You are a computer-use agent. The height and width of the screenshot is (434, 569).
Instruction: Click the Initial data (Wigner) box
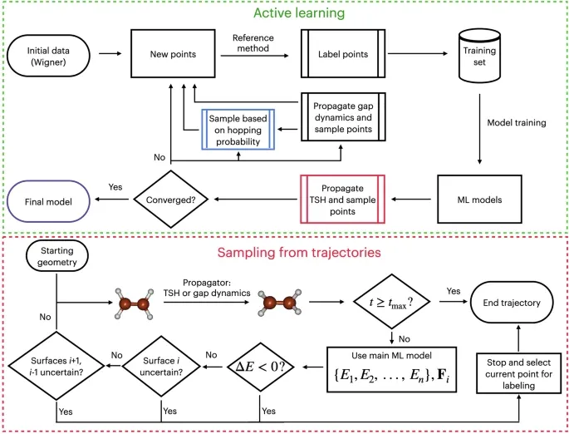tap(48, 56)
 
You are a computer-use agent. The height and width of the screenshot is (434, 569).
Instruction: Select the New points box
tap(173, 54)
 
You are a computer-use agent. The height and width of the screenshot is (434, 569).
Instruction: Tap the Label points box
tap(343, 54)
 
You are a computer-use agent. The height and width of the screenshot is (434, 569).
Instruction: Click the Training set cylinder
tap(479, 56)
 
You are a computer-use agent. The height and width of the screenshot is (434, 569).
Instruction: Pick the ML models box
tap(479, 200)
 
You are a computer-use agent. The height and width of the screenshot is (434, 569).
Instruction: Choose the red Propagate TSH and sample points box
tap(342, 200)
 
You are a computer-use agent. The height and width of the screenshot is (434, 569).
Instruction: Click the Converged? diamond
tap(170, 200)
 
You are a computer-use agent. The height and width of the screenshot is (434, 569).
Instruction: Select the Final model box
tap(48, 201)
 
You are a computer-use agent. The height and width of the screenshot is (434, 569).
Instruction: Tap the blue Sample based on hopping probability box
tap(238, 130)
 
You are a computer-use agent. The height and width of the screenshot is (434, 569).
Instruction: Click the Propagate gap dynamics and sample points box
tap(343, 117)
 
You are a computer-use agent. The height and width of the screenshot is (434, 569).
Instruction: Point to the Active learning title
tap(299, 13)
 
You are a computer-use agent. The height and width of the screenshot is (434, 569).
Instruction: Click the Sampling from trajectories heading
tap(299, 253)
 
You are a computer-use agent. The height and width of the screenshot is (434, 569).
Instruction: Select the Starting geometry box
tap(57, 256)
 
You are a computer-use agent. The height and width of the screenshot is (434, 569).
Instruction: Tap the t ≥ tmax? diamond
tap(391, 302)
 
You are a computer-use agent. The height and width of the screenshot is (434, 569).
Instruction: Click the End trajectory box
tap(512, 303)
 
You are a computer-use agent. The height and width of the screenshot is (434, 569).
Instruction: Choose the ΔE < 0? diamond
tap(260, 367)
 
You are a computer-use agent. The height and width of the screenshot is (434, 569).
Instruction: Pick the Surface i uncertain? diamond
tap(161, 366)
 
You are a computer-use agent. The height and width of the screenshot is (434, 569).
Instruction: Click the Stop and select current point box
tap(518, 373)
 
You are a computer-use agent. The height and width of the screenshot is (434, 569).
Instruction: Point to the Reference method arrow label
tap(253, 43)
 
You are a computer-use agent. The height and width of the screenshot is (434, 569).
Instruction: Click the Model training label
tap(517, 123)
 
